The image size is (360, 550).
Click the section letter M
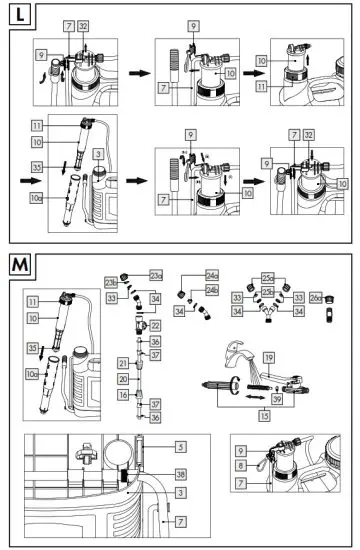click(19, 265)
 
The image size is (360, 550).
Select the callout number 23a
click(155, 275)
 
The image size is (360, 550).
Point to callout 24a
click(212, 275)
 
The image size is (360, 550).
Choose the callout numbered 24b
click(212, 291)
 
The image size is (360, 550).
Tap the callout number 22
click(155, 326)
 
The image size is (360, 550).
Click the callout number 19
click(268, 357)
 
